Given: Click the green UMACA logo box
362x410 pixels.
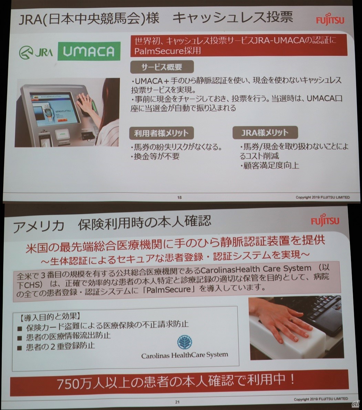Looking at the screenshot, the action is pyautogui.click(x=89, y=51).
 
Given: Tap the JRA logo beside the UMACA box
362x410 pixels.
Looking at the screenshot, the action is pyautogui.click(x=36, y=52).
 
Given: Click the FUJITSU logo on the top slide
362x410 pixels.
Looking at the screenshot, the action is pyautogui.click(x=330, y=20).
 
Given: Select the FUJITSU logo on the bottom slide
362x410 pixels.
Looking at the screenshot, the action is pyautogui.click(x=325, y=221).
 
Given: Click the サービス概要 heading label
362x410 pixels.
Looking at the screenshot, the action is pyautogui.click(x=162, y=67).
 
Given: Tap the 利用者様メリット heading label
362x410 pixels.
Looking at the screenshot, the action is pyautogui.click(x=161, y=133).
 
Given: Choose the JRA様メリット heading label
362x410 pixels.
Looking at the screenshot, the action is pyautogui.click(x=265, y=133).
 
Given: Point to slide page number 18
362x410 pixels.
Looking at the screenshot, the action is pyautogui.click(x=179, y=197).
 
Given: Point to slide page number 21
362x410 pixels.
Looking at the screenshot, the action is pyautogui.click(x=177, y=402).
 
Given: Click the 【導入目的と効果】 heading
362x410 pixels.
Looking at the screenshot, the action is pyautogui.click(x=50, y=317).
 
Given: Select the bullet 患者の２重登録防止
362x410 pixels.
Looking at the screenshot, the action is pyautogui.click(x=60, y=347).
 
